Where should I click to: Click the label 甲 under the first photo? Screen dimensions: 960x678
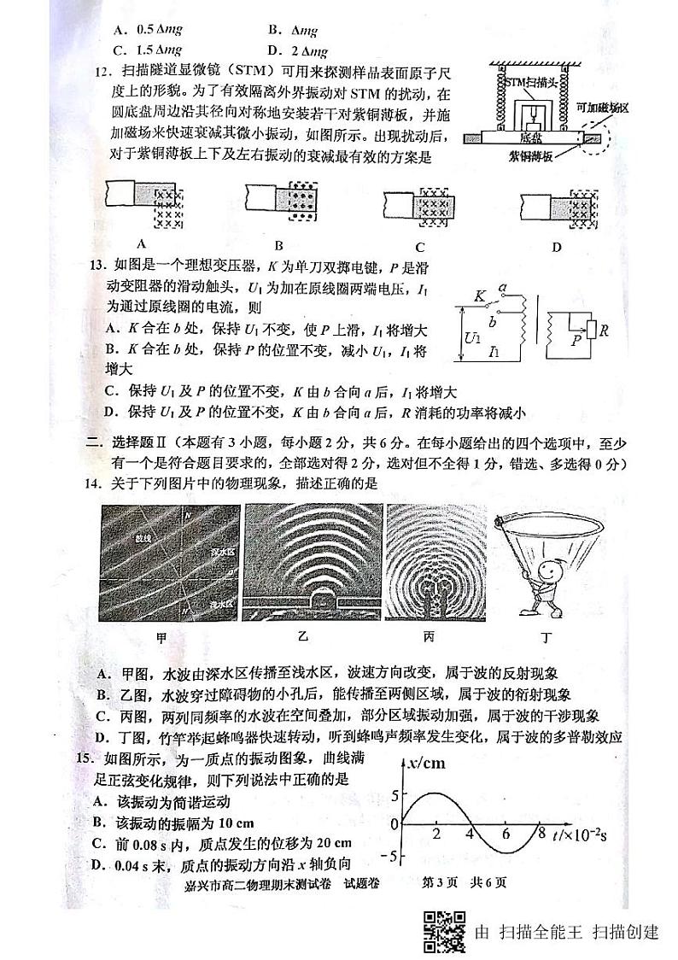click(x=161, y=637)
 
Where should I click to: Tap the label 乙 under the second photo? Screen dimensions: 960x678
click(x=302, y=636)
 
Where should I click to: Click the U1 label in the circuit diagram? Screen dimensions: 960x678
click(x=472, y=338)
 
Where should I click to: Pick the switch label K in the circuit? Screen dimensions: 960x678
click(x=480, y=296)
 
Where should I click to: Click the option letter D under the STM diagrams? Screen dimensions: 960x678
click(x=556, y=249)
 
